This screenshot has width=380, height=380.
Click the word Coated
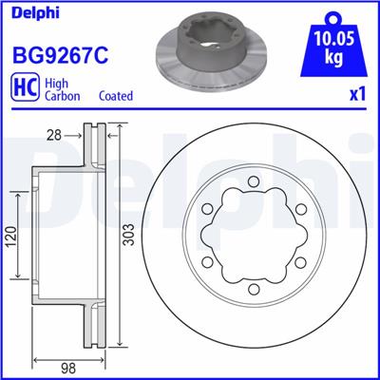click(116, 96)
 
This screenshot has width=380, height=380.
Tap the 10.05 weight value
click(333, 41)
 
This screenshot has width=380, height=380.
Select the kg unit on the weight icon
click(333, 58)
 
